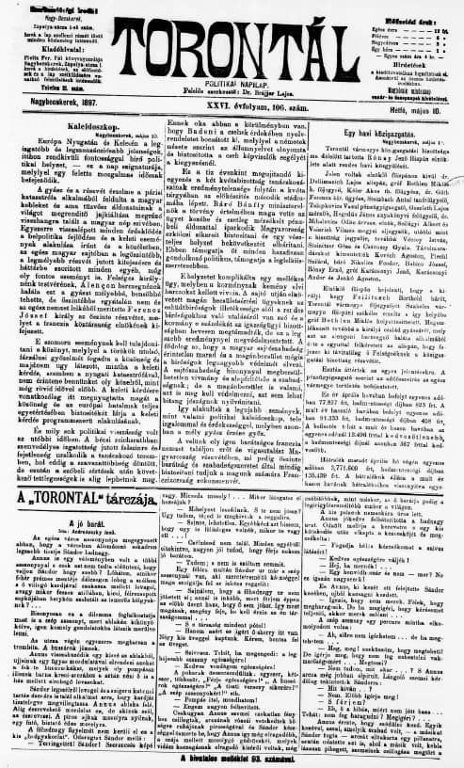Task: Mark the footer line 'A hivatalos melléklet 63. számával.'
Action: [233, 758]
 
